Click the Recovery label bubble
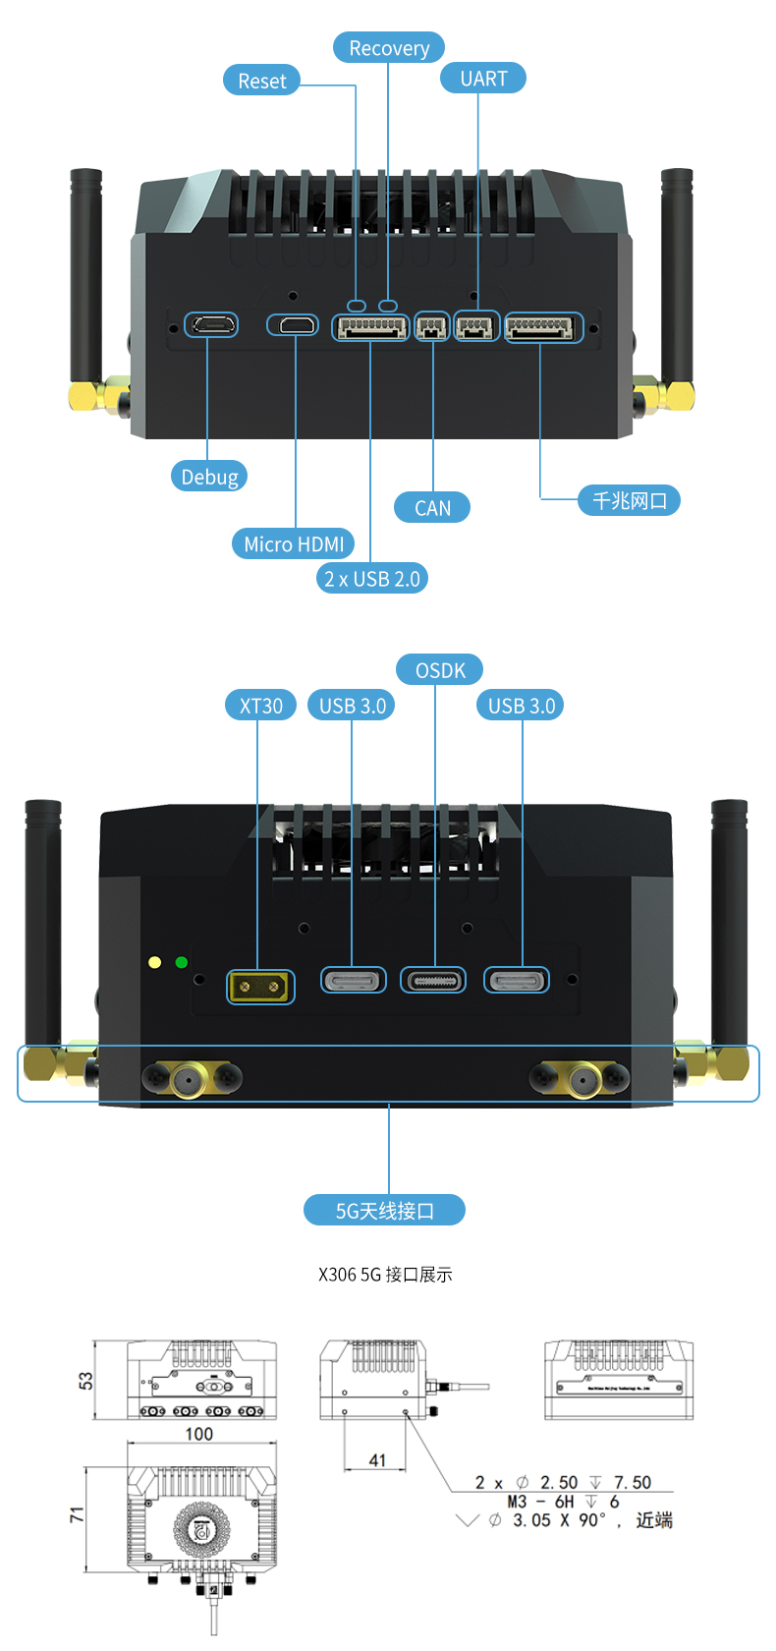tap(389, 48)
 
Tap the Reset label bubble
tap(261, 81)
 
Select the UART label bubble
tap(483, 79)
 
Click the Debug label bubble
tap(209, 477)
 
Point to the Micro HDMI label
tap(294, 543)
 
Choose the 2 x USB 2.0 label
tap(372, 579)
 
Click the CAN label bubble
tap(432, 508)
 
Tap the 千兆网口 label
tap(630, 500)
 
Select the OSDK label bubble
tap(440, 670)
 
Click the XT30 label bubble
tap(261, 706)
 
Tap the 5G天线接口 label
tap(385, 1211)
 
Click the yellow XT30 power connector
tap(260, 986)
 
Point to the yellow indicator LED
tap(154, 962)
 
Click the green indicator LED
tap(182, 962)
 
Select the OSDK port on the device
tap(433, 980)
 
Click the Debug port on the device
tap(211, 324)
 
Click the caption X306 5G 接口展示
tap(385, 1275)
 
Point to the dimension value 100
tap(199, 1434)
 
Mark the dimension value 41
tap(377, 1460)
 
